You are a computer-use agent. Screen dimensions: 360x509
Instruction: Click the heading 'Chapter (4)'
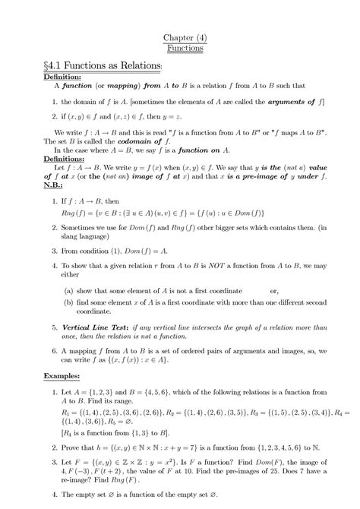coord(180,38)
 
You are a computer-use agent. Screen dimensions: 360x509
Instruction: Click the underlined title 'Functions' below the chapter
coord(180,49)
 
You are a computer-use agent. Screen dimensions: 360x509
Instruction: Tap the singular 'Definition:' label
coord(65,77)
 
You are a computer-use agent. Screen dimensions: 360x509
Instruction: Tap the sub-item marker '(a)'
coord(69,290)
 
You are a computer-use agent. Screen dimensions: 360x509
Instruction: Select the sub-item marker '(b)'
coord(69,302)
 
